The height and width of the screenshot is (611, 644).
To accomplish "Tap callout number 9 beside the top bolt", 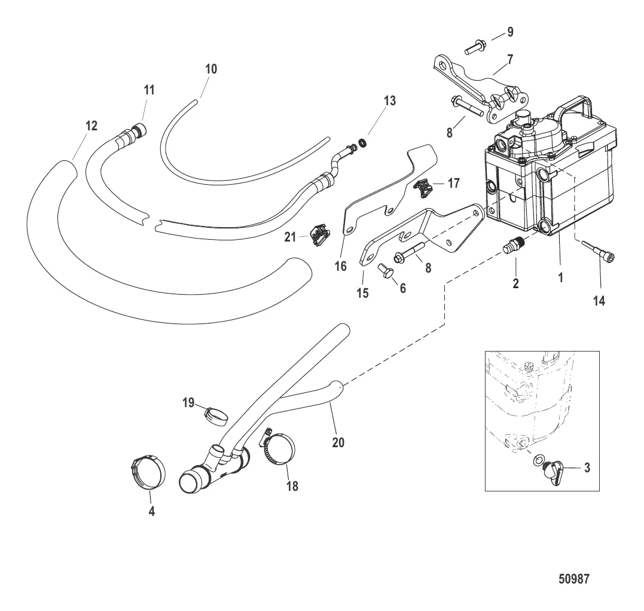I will (x=509, y=32).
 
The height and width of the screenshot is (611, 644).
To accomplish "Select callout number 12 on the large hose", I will (x=91, y=126).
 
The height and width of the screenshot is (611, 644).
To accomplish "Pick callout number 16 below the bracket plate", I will (x=340, y=266).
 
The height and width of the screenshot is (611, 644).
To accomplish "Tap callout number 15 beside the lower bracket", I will (x=363, y=293).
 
